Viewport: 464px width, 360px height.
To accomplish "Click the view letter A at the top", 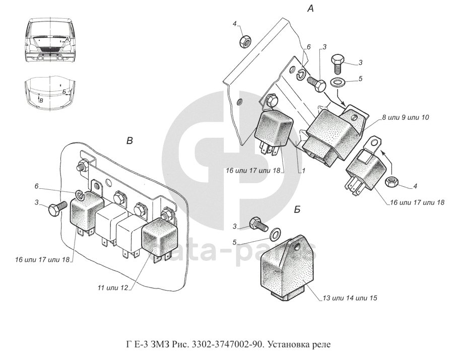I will (310, 9).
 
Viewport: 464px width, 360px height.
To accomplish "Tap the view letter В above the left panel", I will (129, 141).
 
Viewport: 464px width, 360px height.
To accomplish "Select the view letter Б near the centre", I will (297, 209).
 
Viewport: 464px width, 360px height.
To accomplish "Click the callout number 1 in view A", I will (304, 171).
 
